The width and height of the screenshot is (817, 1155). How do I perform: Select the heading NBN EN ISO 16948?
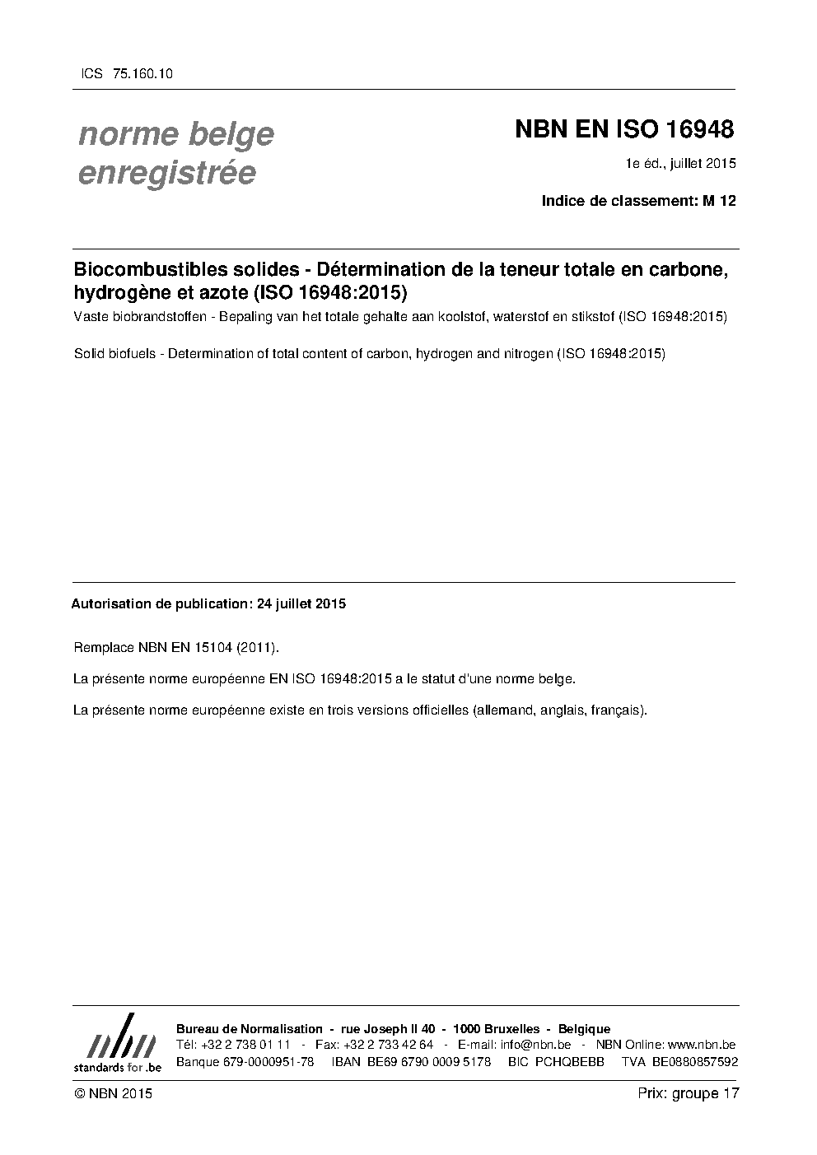623,129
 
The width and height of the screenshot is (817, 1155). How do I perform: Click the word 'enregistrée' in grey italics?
166,173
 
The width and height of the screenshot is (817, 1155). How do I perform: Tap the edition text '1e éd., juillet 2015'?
680,164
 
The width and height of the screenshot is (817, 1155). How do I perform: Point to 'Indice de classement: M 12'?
638,200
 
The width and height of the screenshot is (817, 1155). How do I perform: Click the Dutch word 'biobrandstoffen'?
154,316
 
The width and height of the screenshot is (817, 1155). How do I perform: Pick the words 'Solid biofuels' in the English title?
113,354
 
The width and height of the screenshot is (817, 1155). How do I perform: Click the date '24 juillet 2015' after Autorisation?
301,603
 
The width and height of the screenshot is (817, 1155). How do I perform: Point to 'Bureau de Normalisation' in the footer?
250,1029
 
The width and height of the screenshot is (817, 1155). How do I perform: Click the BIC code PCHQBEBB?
569,1062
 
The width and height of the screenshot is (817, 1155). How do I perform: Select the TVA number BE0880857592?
695,1062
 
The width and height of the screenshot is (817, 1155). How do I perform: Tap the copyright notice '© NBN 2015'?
113,1093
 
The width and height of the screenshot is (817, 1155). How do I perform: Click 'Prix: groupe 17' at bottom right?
689,1093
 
